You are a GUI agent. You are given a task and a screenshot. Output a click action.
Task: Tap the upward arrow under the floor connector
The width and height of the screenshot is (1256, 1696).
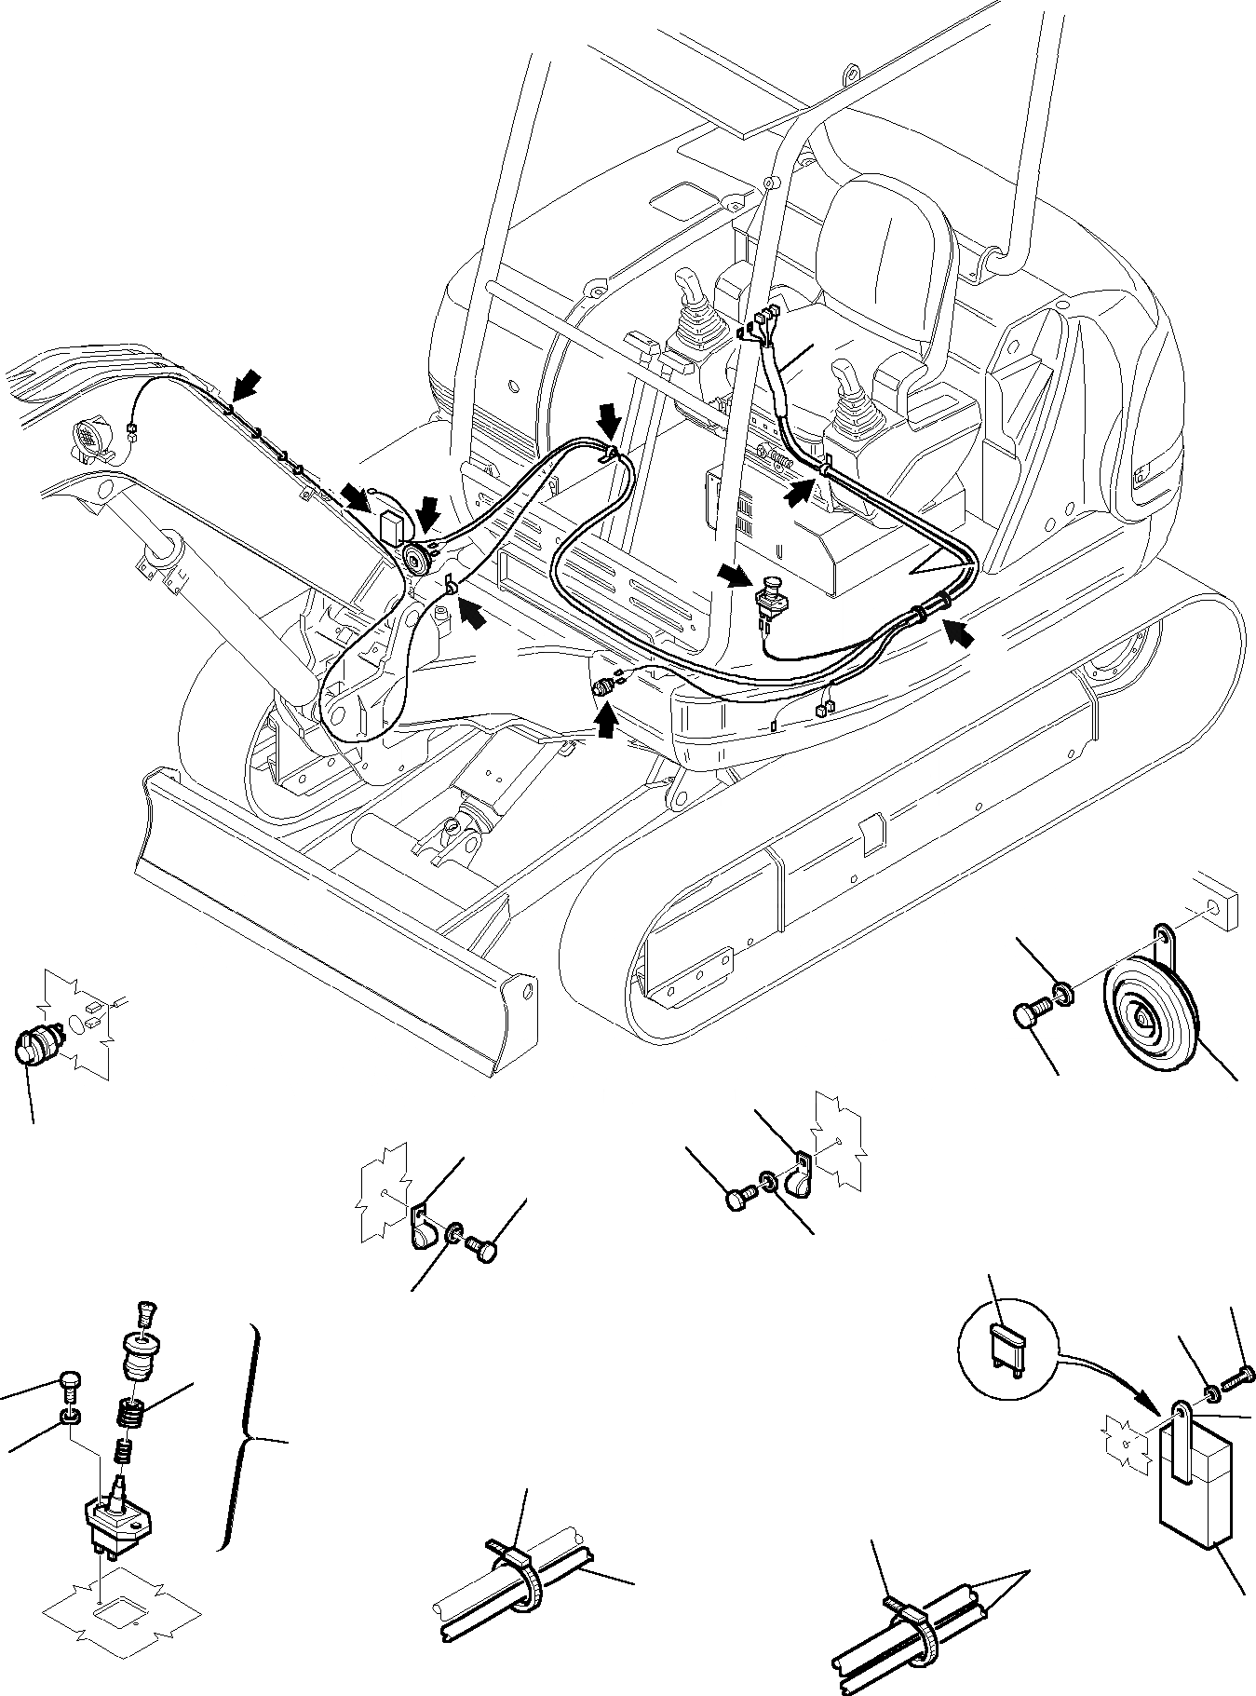click(605, 721)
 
